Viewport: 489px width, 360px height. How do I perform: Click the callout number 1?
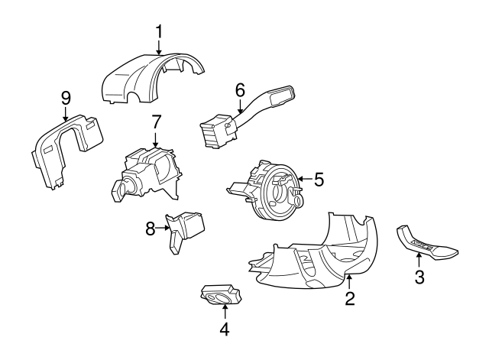[x=159, y=32]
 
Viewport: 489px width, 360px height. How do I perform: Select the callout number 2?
[x=349, y=299]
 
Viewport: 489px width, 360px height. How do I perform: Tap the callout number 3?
[x=419, y=277]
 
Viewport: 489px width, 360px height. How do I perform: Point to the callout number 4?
[x=224, y=330]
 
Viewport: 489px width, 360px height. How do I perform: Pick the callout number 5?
[x=319, y=180]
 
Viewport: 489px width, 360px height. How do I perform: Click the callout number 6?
[x=239, y=89]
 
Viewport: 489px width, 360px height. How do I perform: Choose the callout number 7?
[x=156, y=121]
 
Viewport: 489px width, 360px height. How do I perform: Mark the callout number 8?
[x=151, y=227]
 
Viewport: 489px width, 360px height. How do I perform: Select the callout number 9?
[x=66, y=97]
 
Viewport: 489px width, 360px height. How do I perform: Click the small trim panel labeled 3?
[x=428, y=245]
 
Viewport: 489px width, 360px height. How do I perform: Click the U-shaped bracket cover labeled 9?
[x=61, y=149]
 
